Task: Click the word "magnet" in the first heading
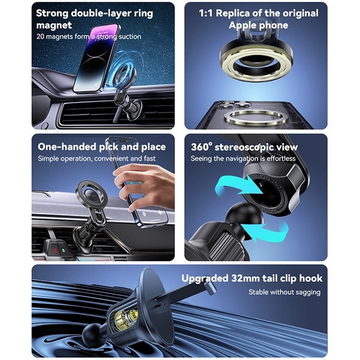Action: (x=53, y=25)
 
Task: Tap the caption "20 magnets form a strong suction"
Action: (x=89, y=37)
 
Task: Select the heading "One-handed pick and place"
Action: (x=101, y=147)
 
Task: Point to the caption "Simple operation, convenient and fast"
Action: (x=97, y=158)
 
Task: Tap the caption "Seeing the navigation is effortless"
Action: (x=243, y=158)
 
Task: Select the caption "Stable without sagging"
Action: (x=284, y=292)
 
